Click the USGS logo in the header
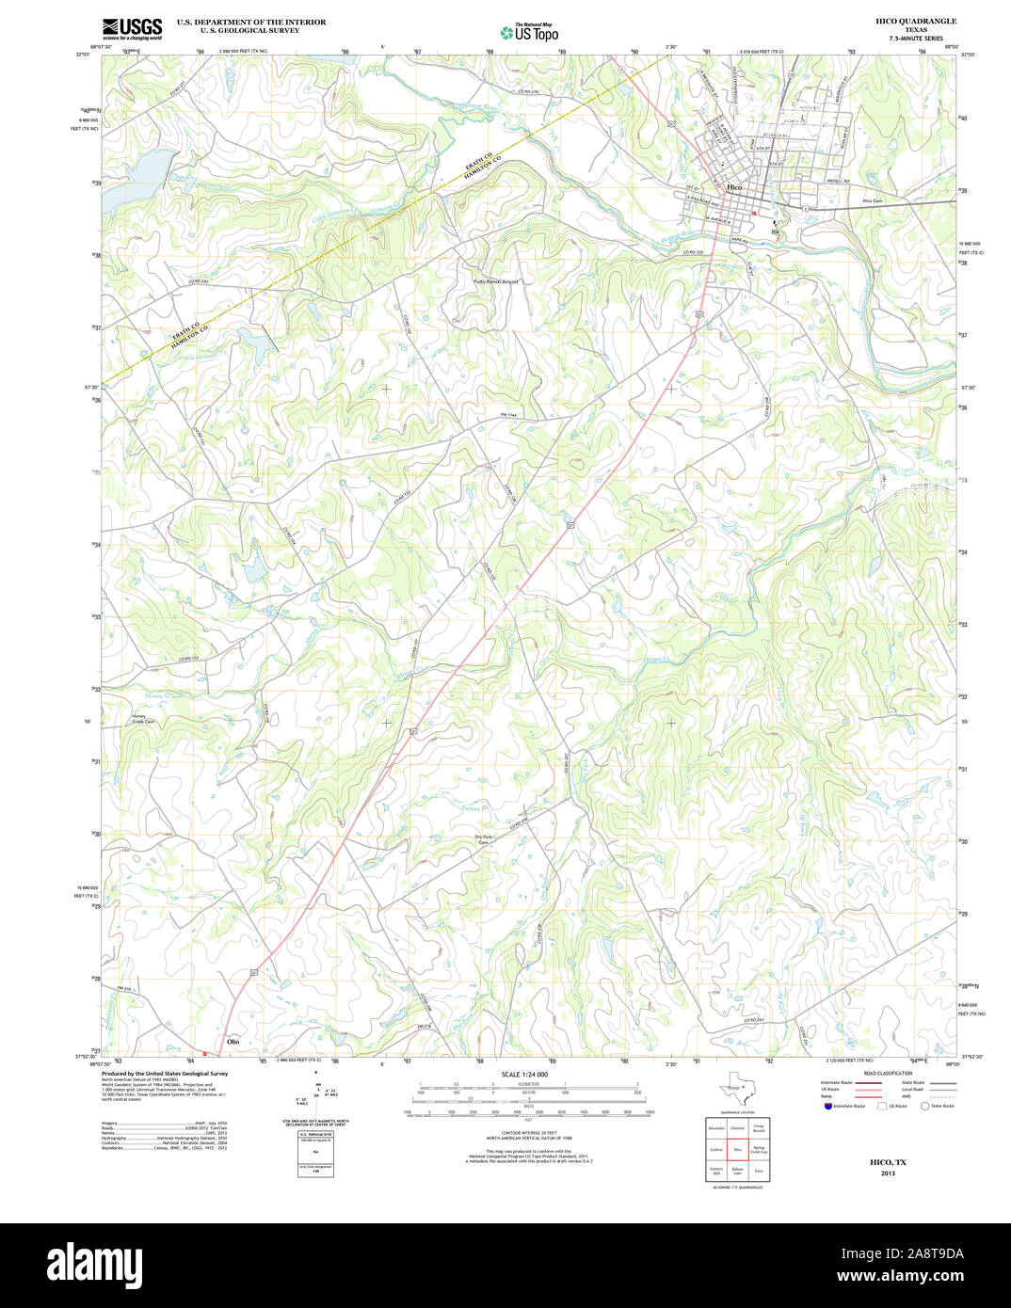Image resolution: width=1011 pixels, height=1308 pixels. [132, 27]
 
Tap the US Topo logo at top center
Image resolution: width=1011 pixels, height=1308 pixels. [529, 32]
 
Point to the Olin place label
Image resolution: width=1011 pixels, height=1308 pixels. [233, 1042]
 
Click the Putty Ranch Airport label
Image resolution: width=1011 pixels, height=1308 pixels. [496, 281]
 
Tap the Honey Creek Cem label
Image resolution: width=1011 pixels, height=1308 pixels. [143, 718]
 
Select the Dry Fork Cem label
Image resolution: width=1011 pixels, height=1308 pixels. [484, 839]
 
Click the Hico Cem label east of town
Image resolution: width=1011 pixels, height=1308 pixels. [872, 200]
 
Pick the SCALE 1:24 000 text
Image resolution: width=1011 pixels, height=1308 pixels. [524, 1074]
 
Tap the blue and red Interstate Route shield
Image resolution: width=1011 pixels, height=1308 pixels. [827, 1106]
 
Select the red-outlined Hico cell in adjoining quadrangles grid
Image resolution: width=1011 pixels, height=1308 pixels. [738, 1150]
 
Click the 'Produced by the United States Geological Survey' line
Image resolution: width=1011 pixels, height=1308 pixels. [165, 1073]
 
